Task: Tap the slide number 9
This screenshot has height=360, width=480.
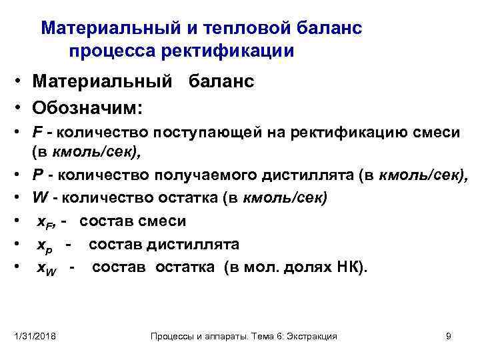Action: [448, 336]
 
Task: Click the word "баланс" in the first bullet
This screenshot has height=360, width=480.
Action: [221, 82]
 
